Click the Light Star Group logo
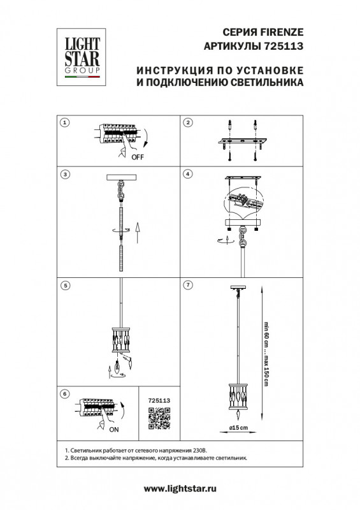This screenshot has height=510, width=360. point(82,57)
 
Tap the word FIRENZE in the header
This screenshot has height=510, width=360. point(282,33)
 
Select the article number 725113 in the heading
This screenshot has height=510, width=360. point(282,46)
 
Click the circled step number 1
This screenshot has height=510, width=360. point(66,122)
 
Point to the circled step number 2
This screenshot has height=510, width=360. point(188,122)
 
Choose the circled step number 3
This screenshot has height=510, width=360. point(66,174)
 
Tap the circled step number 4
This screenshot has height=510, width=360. point(188,174)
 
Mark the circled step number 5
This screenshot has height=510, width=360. point(66,286)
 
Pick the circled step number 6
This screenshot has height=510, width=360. point(65,394)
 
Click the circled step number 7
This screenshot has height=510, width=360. point(188,285)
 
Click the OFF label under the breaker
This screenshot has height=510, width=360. point(138,157)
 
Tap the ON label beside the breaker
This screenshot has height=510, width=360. point(114,430)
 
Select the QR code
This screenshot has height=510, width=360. point(159,418)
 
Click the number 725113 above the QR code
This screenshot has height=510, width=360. point(159,401)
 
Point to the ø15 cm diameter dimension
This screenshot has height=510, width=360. point(238,428)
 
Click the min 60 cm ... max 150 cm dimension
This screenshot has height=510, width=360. point(266,354)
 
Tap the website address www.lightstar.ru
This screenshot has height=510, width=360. point(180,488)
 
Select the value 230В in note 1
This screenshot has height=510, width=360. point(200,451)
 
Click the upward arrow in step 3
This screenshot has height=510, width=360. point(137,233)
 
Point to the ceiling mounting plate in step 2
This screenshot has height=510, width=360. point(242,142)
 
